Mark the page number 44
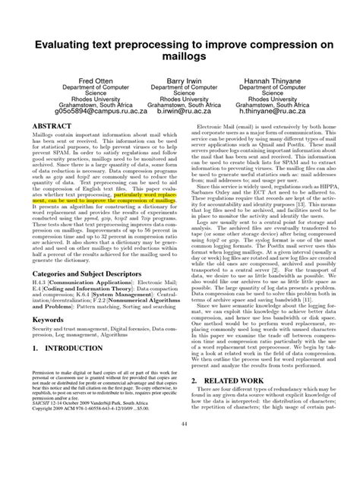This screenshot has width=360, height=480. tap(180, 465)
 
